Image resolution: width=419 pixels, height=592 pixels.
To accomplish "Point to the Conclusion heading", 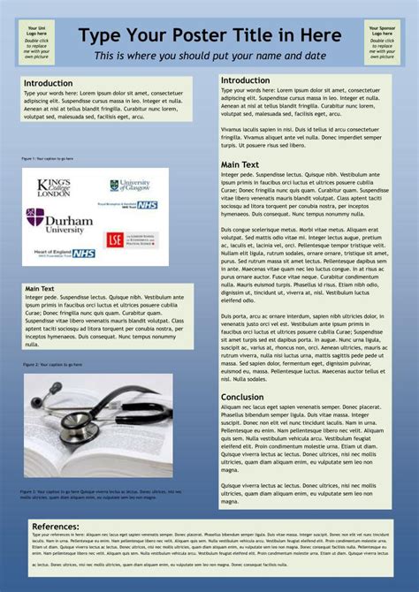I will click(241, 397).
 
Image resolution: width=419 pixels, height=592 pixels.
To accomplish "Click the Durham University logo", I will click(55, 220).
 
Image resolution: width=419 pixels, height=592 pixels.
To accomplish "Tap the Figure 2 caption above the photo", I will click(52, 364).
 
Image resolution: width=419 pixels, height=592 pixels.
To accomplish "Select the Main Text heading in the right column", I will click(240, 164).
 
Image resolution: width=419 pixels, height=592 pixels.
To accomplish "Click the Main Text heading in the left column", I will click(40, 289).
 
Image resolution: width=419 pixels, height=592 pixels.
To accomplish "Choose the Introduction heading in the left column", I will click(48, 83).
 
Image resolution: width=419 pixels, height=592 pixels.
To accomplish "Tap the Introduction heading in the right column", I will click(245, 80).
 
